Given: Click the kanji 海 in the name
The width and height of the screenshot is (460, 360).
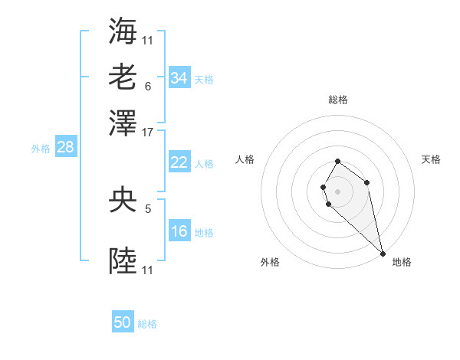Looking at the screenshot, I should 123,30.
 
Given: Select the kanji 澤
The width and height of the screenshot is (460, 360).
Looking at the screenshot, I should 123,123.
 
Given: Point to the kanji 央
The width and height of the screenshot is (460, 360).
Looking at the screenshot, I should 123,201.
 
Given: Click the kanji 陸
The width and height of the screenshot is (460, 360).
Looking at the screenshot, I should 123,261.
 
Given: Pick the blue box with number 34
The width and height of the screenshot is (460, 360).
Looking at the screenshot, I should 179,78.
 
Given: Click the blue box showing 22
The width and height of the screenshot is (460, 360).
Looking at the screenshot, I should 179,162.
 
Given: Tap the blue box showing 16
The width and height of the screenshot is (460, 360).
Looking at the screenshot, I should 179,231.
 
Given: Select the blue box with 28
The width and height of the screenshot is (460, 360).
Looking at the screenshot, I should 65,148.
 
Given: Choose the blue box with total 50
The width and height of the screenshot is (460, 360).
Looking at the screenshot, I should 123,323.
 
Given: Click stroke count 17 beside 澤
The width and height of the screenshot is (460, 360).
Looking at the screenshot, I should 148,132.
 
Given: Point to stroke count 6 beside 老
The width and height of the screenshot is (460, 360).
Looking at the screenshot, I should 147,86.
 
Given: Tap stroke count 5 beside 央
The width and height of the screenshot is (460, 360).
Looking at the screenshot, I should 147,208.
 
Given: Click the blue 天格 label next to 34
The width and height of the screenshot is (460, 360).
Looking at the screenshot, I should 204,80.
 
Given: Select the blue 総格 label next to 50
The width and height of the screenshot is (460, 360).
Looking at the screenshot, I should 147,325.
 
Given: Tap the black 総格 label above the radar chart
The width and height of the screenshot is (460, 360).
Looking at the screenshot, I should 338,100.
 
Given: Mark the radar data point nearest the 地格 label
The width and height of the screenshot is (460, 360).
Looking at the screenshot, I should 383,254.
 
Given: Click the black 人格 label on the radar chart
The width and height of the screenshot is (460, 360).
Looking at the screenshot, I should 245,159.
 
